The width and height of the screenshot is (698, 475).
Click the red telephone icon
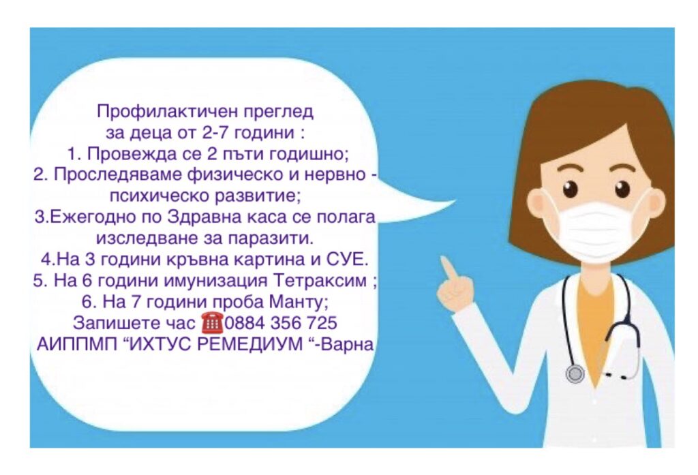coord(213,323)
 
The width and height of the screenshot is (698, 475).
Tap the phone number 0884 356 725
coord(280,323)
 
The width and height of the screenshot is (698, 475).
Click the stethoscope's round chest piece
coord(575,373)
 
